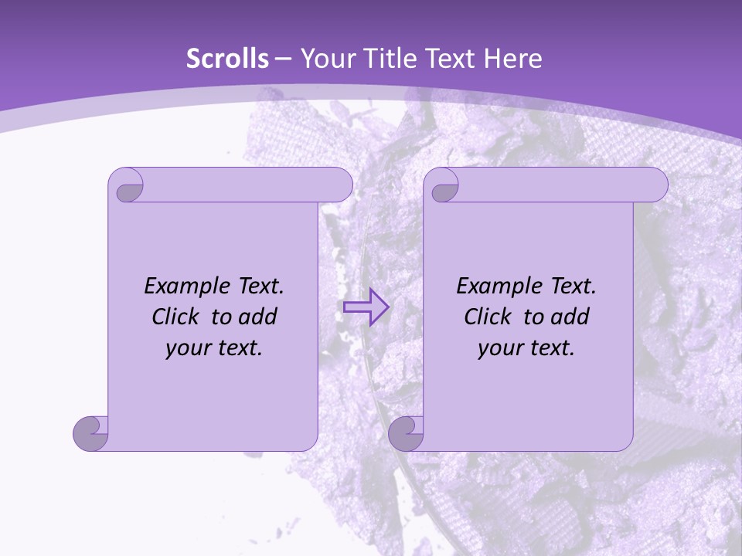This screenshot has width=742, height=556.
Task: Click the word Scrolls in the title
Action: click(x=227, y=59)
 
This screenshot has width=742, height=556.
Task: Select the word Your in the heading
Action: click(x=324, y=59)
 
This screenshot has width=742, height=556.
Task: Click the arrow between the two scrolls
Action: click(x=366, y=307)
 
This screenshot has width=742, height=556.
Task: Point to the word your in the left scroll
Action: click(x=187, y=348)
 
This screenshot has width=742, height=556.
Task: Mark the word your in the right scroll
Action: click(x=499, y=348)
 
